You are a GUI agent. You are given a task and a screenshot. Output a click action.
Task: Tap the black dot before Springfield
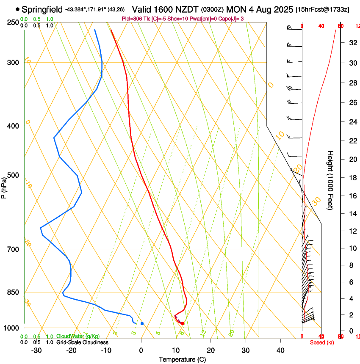click(17, 9)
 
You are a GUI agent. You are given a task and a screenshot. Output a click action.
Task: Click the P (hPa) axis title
click(4, 187)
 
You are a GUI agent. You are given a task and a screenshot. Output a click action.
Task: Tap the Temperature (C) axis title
click(182, 360)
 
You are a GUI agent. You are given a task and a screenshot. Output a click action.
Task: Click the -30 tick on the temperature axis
click(36, 350)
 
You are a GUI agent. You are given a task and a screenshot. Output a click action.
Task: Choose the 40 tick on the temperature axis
click(280, 350)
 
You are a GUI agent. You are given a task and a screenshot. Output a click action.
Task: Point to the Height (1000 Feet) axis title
click(331, 180)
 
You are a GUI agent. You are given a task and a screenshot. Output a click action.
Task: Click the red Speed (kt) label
click(322, 342)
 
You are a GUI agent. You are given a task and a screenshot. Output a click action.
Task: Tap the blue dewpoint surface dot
click(142, 323)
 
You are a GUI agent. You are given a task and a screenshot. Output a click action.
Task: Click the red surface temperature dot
click(183, 323)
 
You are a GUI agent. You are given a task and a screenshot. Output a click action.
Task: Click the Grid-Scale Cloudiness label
click(82, 342)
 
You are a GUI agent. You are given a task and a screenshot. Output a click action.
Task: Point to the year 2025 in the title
click(280, 9)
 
